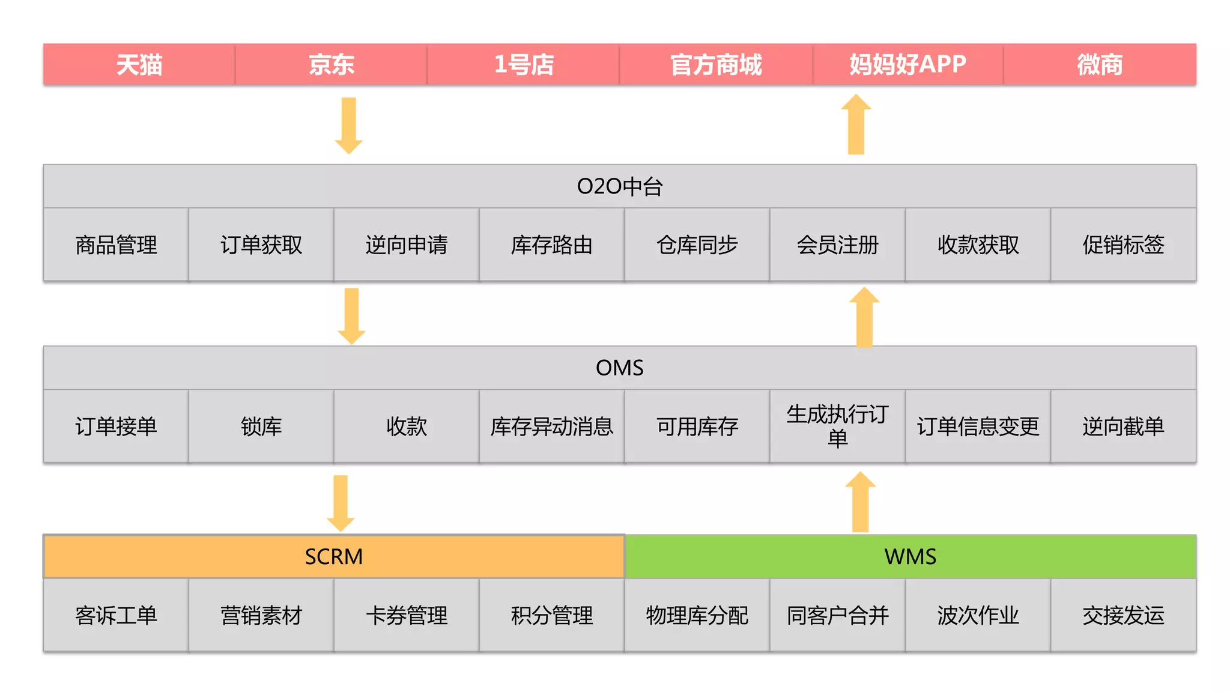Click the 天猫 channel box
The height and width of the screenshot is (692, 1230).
click(x=139, y=64)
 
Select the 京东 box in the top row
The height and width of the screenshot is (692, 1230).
click(x=331, y=64)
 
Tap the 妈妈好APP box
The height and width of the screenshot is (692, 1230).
click(x=907, y=64)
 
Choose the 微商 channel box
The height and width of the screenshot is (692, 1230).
click(x=1100, y=64)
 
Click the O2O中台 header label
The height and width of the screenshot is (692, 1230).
click(x=619, y=187)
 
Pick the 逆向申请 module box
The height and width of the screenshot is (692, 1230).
click(x=407, y=245)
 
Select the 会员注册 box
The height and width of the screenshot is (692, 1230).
click(x=837, y=245)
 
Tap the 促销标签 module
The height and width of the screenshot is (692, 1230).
click(x=1123, y=245)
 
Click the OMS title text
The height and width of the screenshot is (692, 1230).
click(x=619, y=368)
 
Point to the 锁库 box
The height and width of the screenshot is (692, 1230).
click(x=261, y=426)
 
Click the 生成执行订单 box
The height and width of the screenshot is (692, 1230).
click(x=837, y=426)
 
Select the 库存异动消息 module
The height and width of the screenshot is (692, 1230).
click(x=551, y=426)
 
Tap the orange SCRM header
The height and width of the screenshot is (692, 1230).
click(x=334, y=557)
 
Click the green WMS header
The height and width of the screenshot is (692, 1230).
click(x=910, y=557)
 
